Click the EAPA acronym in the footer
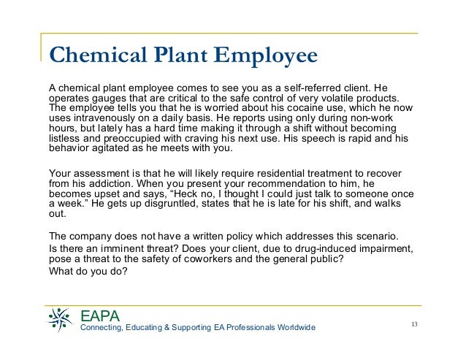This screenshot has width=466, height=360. coord(99,317)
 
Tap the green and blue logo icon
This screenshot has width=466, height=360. coord(60,318)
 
